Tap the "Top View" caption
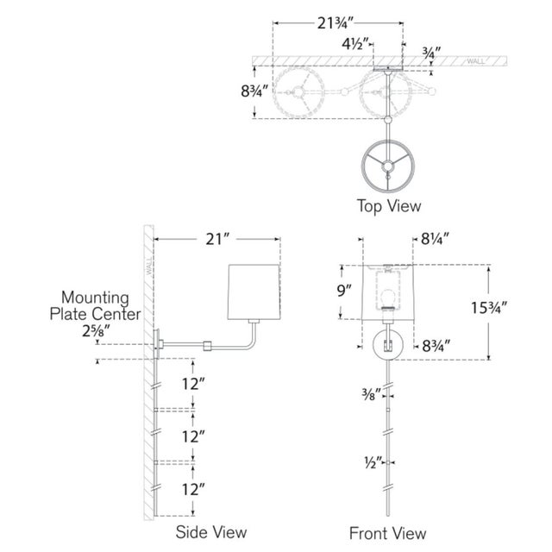tap(389, 206)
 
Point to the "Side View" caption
tap(211, 532)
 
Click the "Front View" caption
tap(387, 533)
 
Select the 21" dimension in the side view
tap(217, 240)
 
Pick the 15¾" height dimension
tap(489, 308)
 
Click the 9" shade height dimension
tap(344, 291)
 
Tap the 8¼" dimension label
tap(435, 240)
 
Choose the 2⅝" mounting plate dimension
tap(96, 331)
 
